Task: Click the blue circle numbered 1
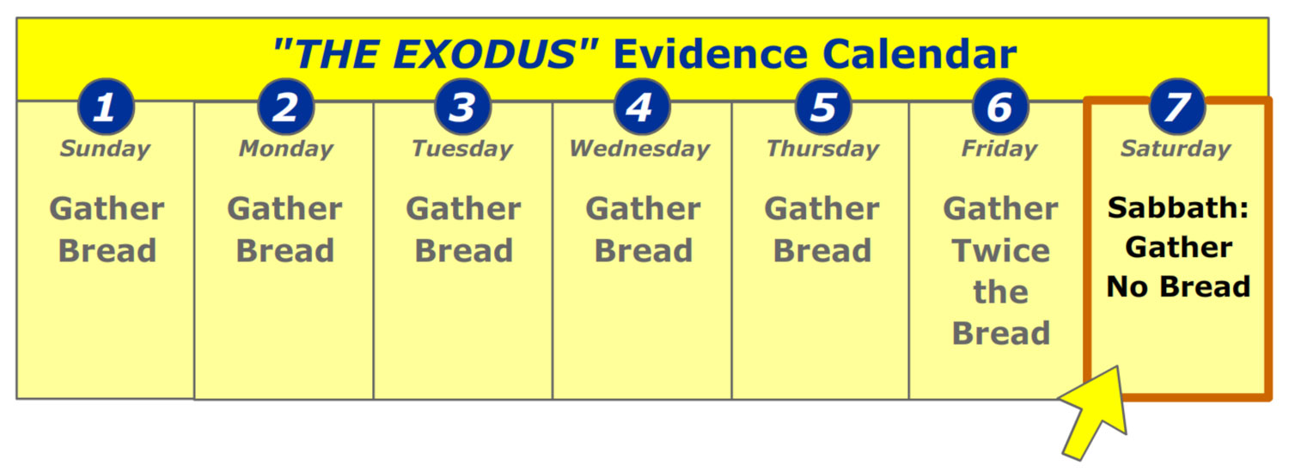[x=106, y=107]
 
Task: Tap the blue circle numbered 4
[x=642, y=107]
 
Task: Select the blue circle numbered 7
[x=1176, y=107]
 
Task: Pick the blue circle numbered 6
[x=1001, y=107]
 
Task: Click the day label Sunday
[x=106, y=149]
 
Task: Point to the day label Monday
[x=286, y=149]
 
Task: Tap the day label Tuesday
[x=462, y=149]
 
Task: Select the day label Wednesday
[x=640, y=149]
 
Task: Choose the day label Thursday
[x=823, y=149]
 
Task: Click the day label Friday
[x=999, y=149]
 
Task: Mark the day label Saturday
[x=1176, y=149]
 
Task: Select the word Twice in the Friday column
[x=1001, y=250]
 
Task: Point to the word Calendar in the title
[x=919, y=55]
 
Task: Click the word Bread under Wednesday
[x=644, y=250]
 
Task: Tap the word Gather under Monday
[x=284, y=208]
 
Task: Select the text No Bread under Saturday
[x=1178, y=286]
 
